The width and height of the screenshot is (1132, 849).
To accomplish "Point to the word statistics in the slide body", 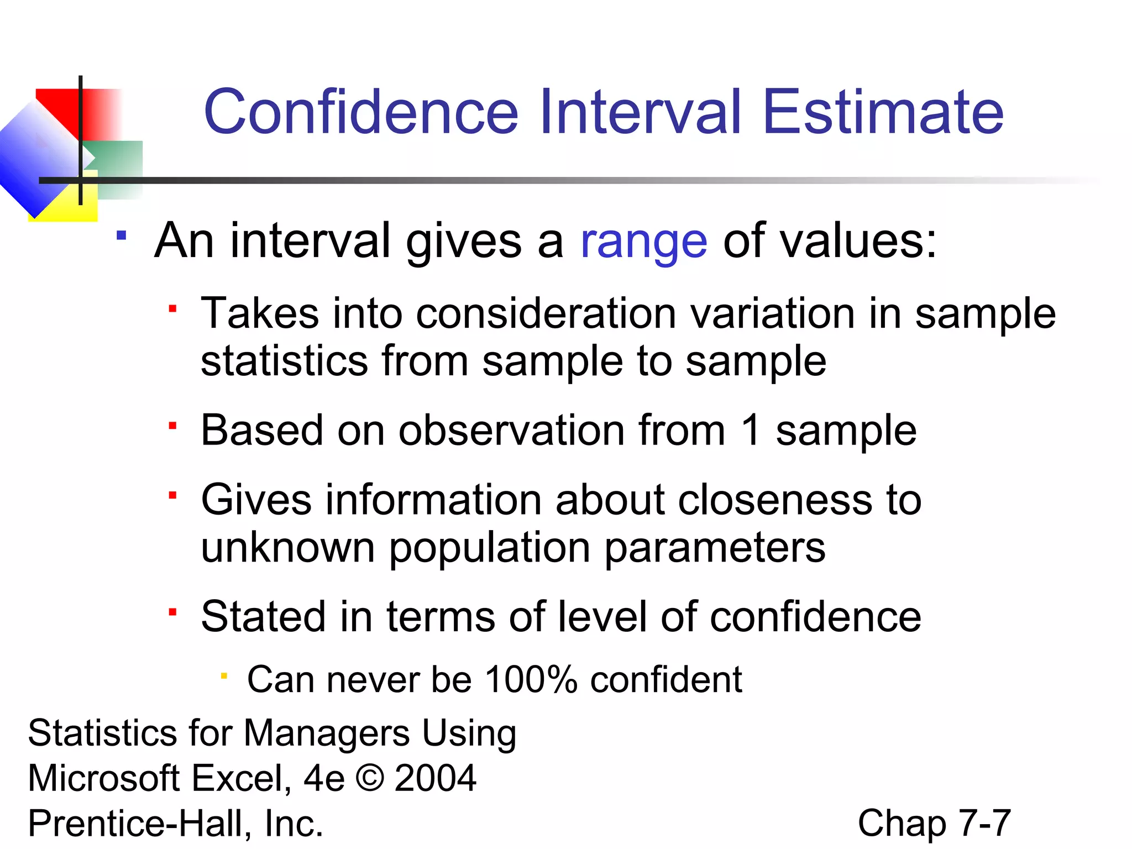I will point(284,361).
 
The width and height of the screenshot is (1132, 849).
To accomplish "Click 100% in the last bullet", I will point(531,679).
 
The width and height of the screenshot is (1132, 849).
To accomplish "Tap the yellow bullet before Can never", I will point(224,675).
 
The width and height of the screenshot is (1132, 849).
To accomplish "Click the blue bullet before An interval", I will point(122,236).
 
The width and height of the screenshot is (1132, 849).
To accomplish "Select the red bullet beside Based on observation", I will point(173,426).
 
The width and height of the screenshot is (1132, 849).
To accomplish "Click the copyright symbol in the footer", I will point(370,778).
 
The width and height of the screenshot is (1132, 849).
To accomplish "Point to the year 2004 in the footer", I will point(435,778).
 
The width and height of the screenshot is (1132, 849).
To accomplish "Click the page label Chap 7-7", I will point(934,823).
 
